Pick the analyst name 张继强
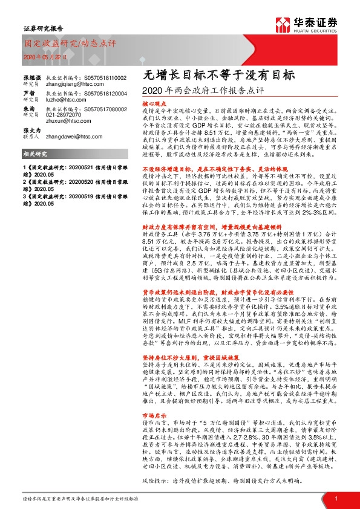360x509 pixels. (x=32, y=78)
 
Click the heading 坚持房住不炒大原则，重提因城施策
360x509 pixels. (x=191, y=373)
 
